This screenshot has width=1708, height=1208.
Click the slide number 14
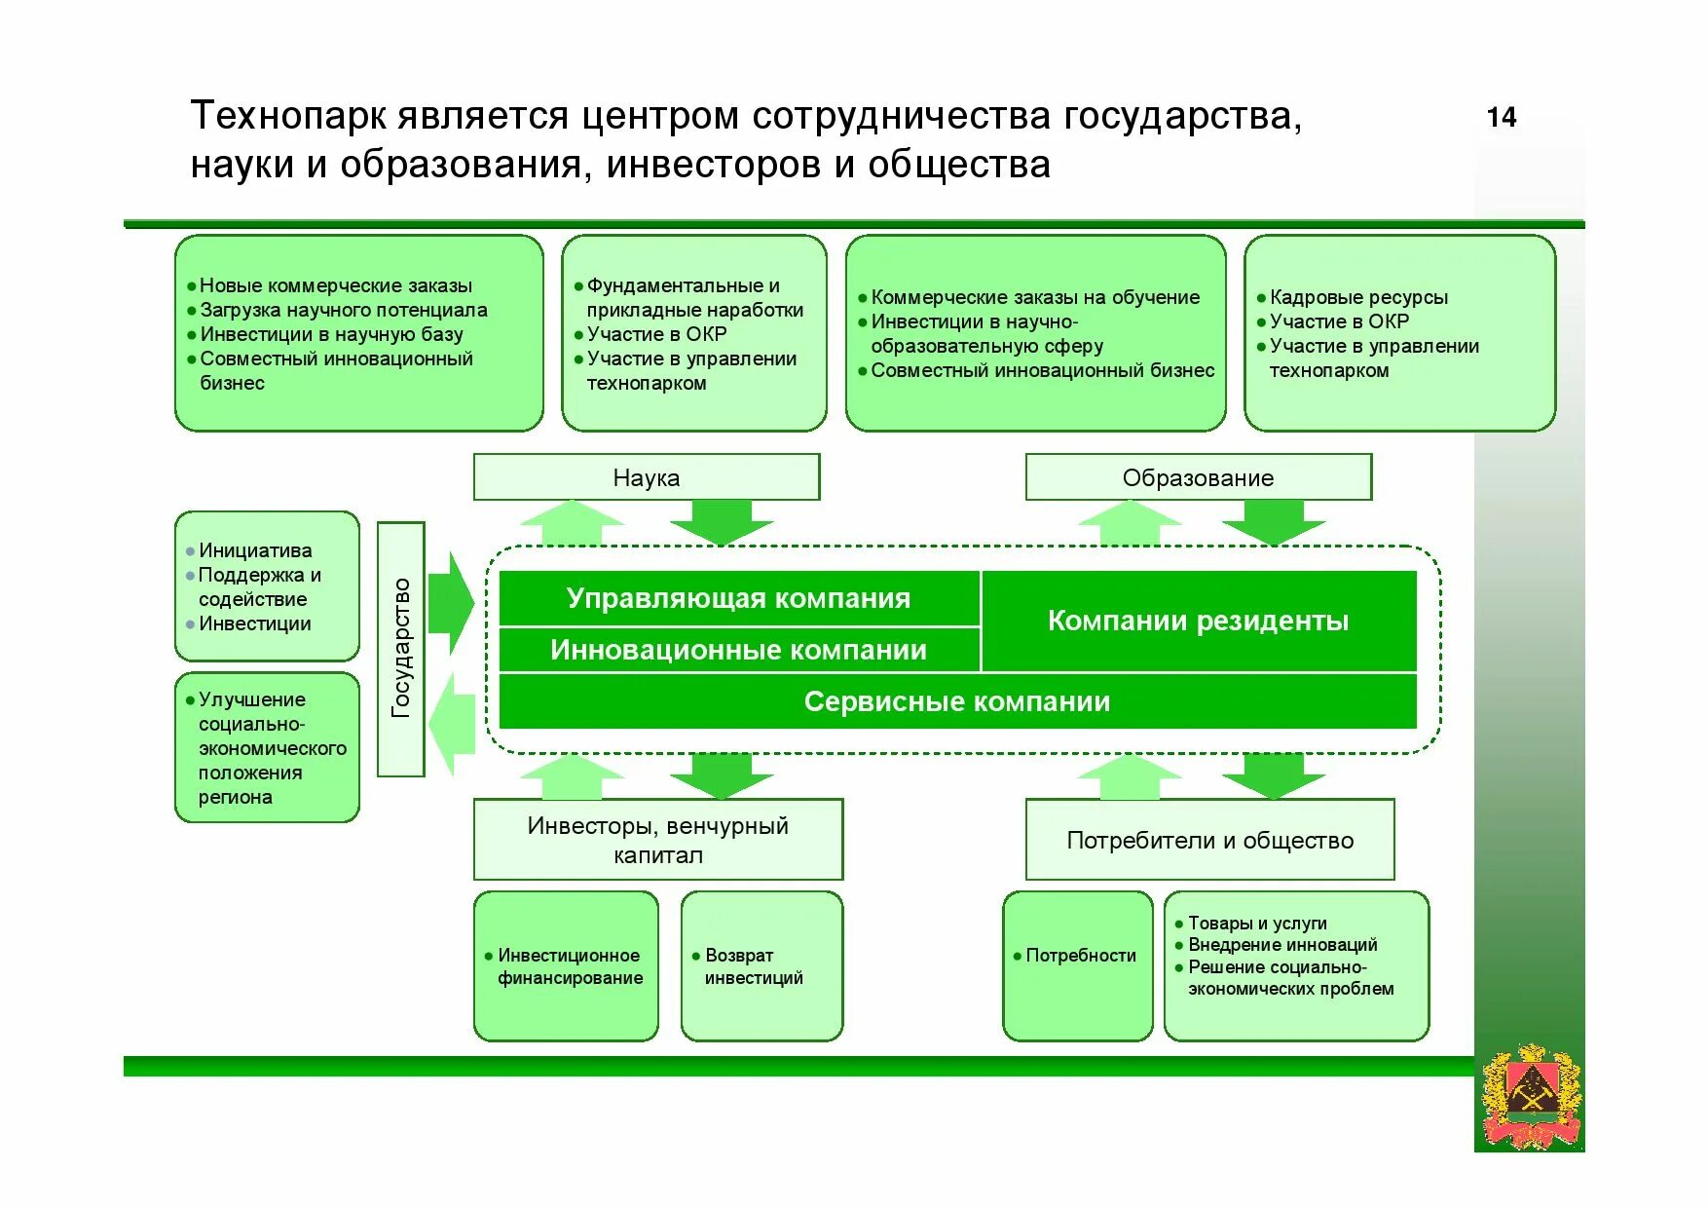click(x=1501, y=118)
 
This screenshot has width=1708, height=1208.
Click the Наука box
click(x=646, y=477)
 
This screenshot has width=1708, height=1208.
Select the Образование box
click(x=1198, y=477)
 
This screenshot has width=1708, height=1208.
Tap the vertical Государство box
click(x=400, y=649)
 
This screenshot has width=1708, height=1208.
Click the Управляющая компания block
click(x=738, y=598)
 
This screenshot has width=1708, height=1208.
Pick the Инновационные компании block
click(x=738, y=650)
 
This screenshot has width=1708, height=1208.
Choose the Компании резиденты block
click(x=1198, y=621)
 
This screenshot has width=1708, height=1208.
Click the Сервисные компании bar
click(x=956, y=701)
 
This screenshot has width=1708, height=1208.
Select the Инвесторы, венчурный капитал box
click(x=657, y=840)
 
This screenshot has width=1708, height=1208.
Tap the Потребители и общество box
click(x=1209, y=840)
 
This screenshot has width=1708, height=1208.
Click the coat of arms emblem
click(x=1530, y=1097)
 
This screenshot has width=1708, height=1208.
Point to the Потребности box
click(x=1078, y=964)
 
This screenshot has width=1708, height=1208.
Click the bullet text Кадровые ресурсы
click(x=1358, y=297)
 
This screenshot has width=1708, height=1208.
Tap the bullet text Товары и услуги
click(x=1257, y=923)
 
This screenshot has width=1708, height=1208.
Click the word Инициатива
click(x=255, y=550)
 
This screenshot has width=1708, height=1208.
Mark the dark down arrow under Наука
click(x=721, y=522)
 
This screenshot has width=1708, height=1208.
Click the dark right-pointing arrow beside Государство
click(x=450, y=602)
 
